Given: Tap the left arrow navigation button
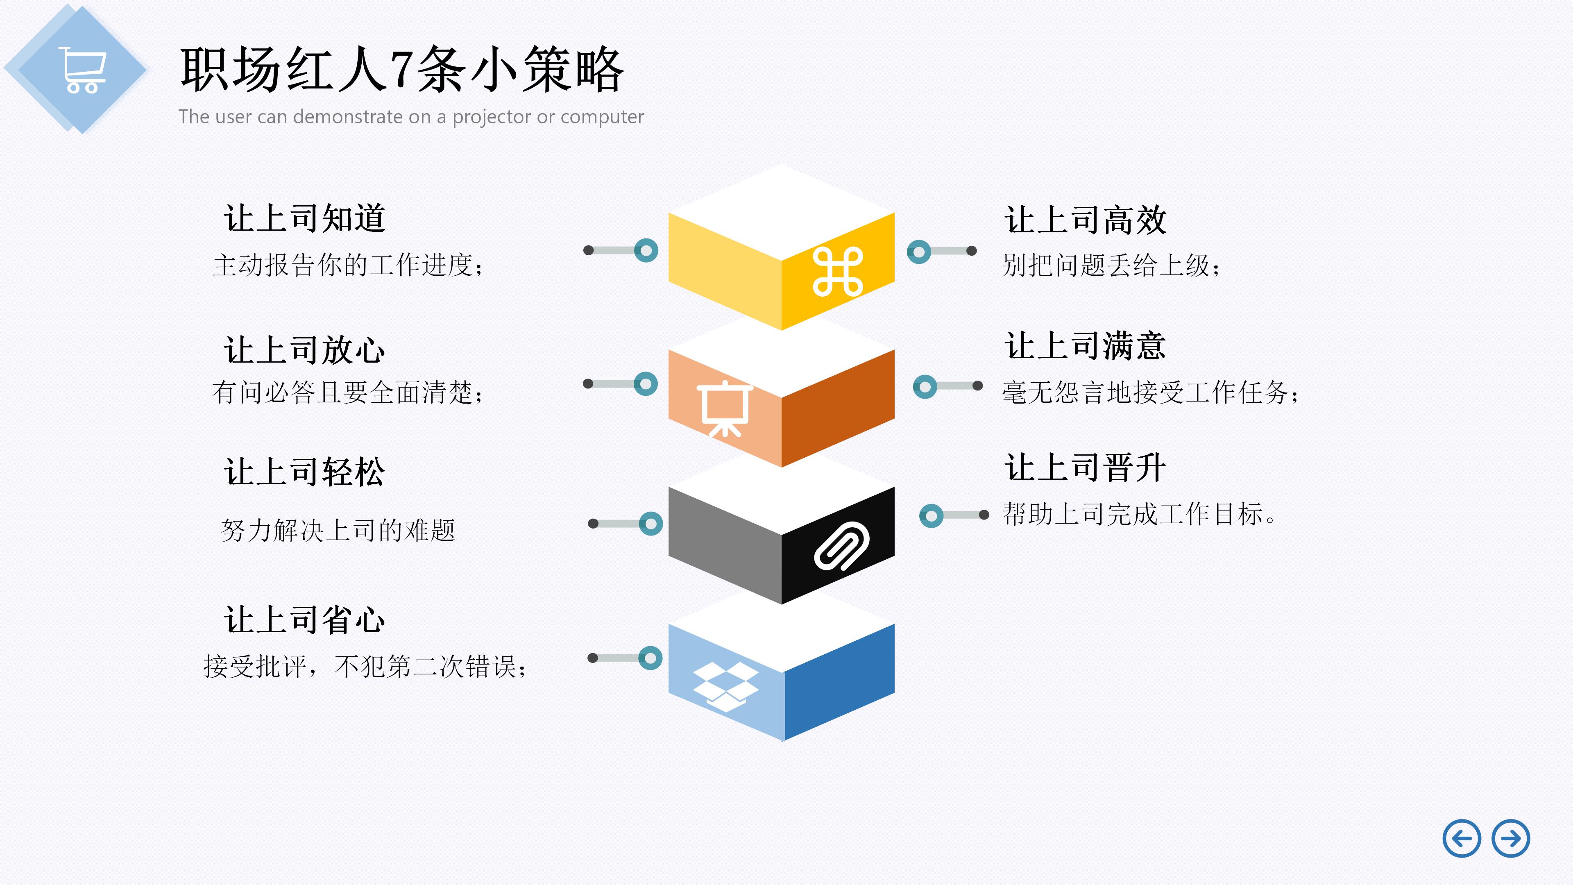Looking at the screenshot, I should [x=1461, y=839].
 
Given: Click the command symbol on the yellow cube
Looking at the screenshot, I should [x=837, y=272].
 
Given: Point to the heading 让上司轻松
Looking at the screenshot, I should [x=305, y=472].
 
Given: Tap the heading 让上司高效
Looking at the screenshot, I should [x=1085, y=220].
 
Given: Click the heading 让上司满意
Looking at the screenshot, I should [x=1085, y=346].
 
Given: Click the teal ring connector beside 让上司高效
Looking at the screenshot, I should [x=919, y=252].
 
